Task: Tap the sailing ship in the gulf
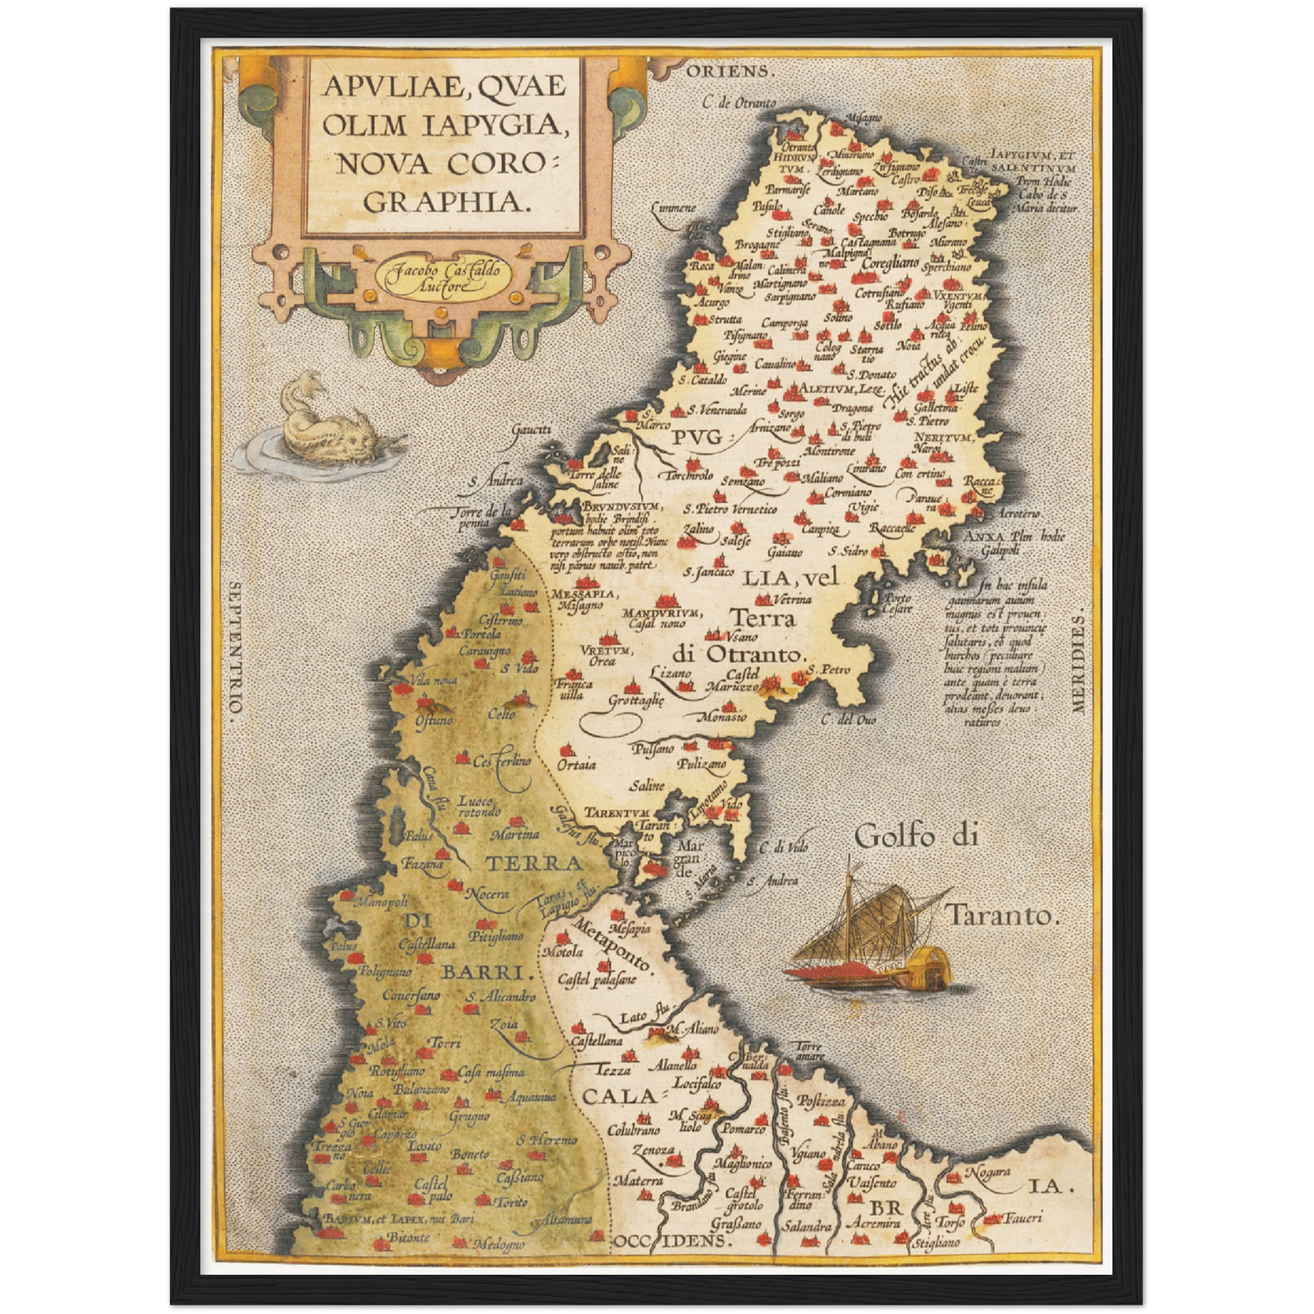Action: [873, 941]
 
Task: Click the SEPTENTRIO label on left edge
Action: [236, 650]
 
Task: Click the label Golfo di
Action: [917, 835]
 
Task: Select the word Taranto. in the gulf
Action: [1003, 916]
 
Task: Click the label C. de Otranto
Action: [739, 103]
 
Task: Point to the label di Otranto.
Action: [740, 654]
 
